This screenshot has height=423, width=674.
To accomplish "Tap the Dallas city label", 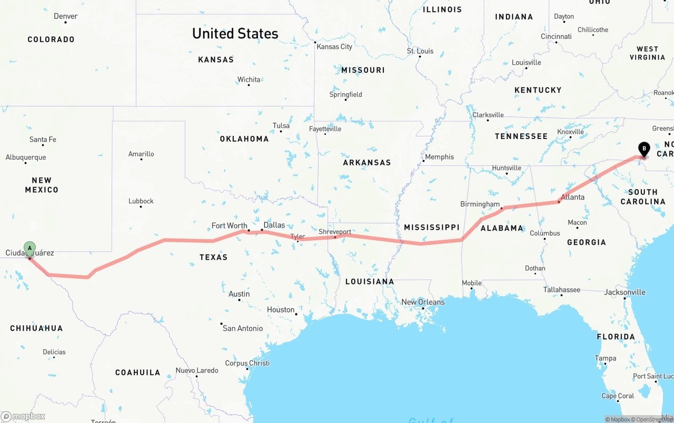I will point(274,225).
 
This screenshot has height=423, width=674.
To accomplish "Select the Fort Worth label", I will point(229,225).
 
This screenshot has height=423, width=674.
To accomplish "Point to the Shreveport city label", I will point(334,232).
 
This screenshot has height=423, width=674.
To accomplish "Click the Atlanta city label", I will point(572,197).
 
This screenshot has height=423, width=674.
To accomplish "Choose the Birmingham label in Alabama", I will point(480,204).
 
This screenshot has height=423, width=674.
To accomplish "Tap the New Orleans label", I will point(423,302).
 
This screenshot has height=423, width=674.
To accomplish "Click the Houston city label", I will point(280,310).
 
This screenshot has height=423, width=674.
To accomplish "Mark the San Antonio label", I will point(242,328).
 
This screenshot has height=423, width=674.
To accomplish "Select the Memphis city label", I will point(439,157).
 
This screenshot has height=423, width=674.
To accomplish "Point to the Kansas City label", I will point(334,46).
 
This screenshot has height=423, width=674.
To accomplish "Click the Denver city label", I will point(65,16).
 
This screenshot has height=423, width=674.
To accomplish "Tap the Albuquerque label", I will point(26,157).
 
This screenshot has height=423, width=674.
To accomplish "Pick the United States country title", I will point(235,33).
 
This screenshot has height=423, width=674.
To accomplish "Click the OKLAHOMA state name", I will point(244,139).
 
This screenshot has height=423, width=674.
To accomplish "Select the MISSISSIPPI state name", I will point(432,227).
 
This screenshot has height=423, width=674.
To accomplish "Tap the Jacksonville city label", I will point(625,292).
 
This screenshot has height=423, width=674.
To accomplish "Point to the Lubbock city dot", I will point(141,207).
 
